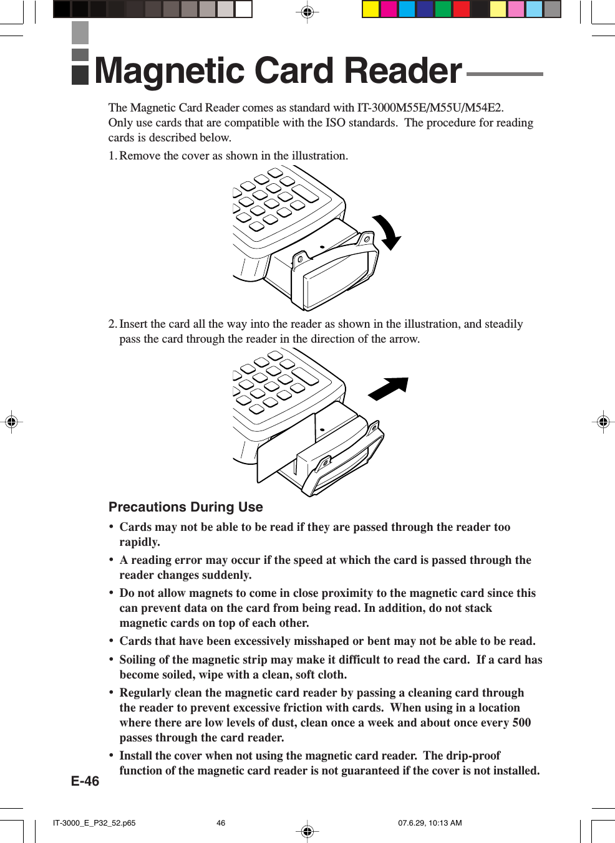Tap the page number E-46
(x=85, y=781)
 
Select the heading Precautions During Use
(x=185, y=507)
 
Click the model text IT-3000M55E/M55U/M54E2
(x=429, y=108)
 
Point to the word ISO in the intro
(x=335, y=123)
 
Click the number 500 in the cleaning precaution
(x=521, y=723)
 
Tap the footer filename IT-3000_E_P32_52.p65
(x=94, y=823)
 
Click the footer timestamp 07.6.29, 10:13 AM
(x=430, y=823)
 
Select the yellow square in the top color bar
(x=371, y=9)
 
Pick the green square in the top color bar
(x=443, y=9)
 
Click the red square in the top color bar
(x=462, y=9)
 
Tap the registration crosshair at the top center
(x=307, y=12)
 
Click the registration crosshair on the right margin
(x=603, y=422)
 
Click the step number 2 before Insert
(x=112, y=324)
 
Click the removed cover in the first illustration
(x=337, y=274)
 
